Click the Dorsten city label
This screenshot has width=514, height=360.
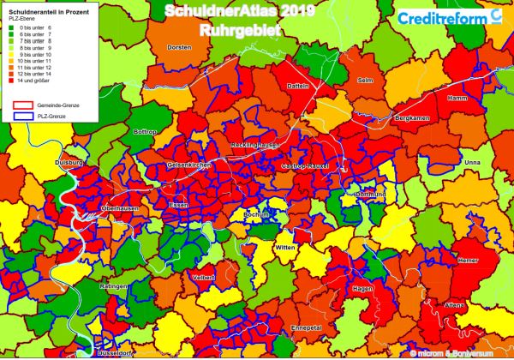click(x=179, y=47)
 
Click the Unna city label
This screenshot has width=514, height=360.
click(x=472, y=162)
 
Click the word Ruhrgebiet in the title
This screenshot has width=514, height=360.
click(x=235, y=30)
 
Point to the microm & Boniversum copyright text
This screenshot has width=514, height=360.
click(x=457, y=353)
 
